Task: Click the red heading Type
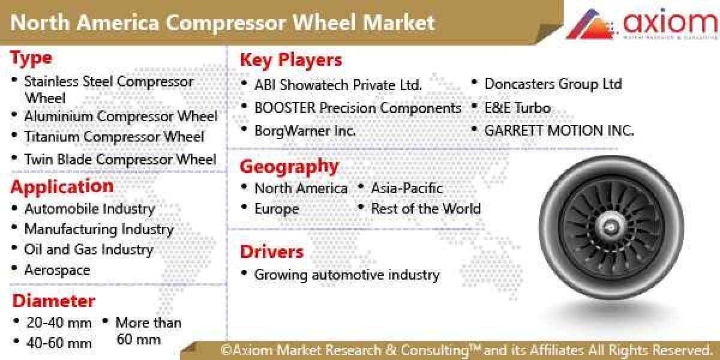click(x=31, y=59)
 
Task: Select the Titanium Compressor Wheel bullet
click(x=114, y=137)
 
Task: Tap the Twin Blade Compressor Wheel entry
click(x=120, y=160)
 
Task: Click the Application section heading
click(x=62, y=187)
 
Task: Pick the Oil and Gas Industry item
click(x=89, y=250)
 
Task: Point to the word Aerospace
click(x=57, y=270)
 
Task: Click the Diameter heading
click(x=53, y=301)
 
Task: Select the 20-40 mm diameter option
click(x=59, y=323)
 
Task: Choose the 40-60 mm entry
click(x=59, y=343)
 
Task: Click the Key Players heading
click(x=291, y=60)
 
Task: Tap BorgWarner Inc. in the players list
click(x=305, y=130)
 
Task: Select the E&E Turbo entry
click(x=517, y=109)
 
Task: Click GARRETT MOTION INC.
click(x=559, y=130)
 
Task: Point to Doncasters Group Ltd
click(x=553, y=84)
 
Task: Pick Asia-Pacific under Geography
click(x=406, y=188)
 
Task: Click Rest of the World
click(x=425, y=209)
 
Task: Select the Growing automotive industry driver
click(x=347, y=275)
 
